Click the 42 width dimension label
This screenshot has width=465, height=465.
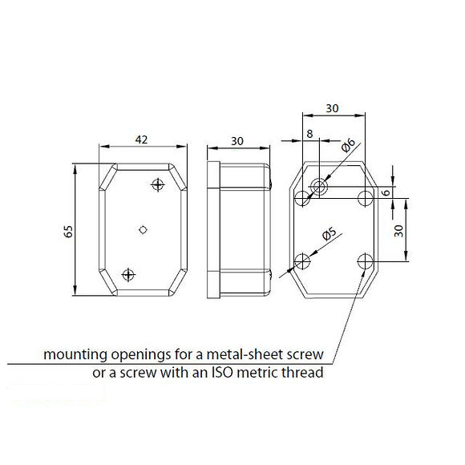click(x=141, y=139)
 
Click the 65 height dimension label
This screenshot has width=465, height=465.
click(x=68, y=232)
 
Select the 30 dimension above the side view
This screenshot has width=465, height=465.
click(x=237, y=141)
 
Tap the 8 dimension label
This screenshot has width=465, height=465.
click(x=309, y=134)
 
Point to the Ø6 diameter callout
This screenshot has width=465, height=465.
click(x=348, y=145)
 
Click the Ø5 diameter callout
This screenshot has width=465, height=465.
click(x=330, y=234)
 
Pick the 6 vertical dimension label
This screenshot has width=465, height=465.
click(x=386, y=192)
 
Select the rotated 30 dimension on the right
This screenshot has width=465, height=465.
click(x=399, y=231)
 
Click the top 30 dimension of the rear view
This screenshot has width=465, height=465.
click(x=332, y=108)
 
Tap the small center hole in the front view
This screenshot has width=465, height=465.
click(x=143, y=229)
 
